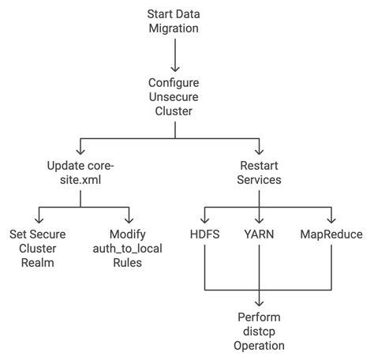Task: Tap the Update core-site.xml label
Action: (x=80, y=172)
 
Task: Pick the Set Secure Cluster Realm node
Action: (x=37, y=248)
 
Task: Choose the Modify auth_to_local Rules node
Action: (x=126, y=248)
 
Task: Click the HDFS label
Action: (x=204, y=234)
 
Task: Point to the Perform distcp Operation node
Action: (x=259, y=332)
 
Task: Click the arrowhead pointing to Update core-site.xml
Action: (x=80, y=151)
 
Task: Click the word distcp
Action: (x=259, y=332)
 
